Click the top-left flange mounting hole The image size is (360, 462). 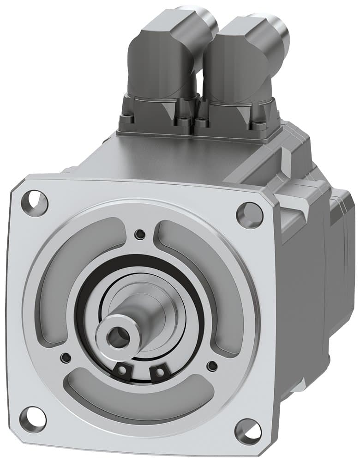tap(35, 202)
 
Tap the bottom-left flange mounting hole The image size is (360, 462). tap(33, 418)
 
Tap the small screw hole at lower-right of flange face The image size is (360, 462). tap(212, 366)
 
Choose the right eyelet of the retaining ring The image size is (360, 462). tap(159, 371)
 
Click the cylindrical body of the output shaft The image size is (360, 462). tap(138, 314)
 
